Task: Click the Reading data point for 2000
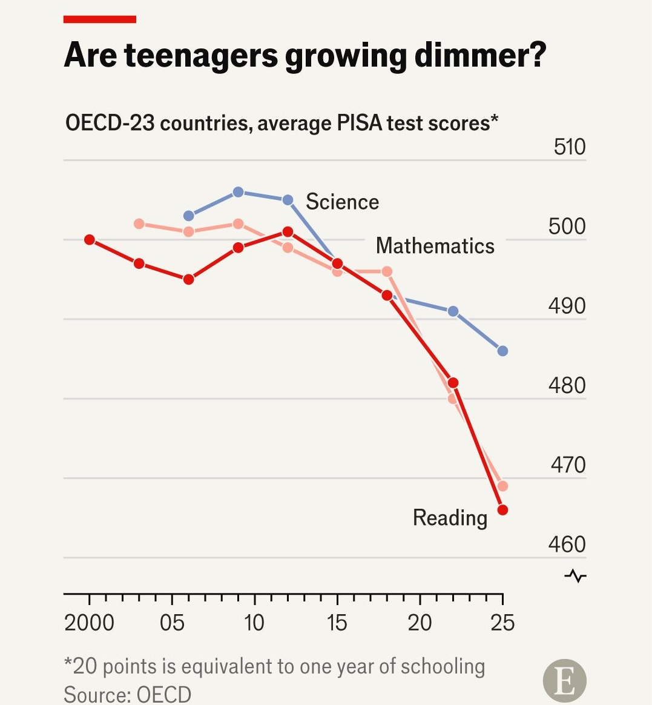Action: click(x=90, y=240)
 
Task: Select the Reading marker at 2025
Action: click(x=503, y=510)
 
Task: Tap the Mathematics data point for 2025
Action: click(x=503, y=486)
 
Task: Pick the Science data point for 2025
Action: click(x=503, y=351)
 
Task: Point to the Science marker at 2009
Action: click(x=238, y=192)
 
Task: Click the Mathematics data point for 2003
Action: click(x=139, y=223)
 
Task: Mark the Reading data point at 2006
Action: click(x=189, y=279)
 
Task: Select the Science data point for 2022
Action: click(x=453, y=311)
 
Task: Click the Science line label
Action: click(x=343, y=202)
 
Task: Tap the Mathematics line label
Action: click(x=435, y=246)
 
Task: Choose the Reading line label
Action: click(x=450, y=518)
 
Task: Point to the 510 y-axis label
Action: click(x=569, y=147)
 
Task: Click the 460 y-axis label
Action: click(x=567, y=544)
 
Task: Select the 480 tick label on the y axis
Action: click(x=567, y=386)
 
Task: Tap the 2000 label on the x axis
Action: click(x=89, y=623)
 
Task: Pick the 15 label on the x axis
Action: click(x=337, y=623)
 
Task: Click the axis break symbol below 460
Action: click(x=576, y=576)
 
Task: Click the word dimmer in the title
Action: click(x=480, y=55)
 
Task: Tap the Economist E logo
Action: click(x=564, y=681)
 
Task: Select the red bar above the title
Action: click(x=100, y=19)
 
